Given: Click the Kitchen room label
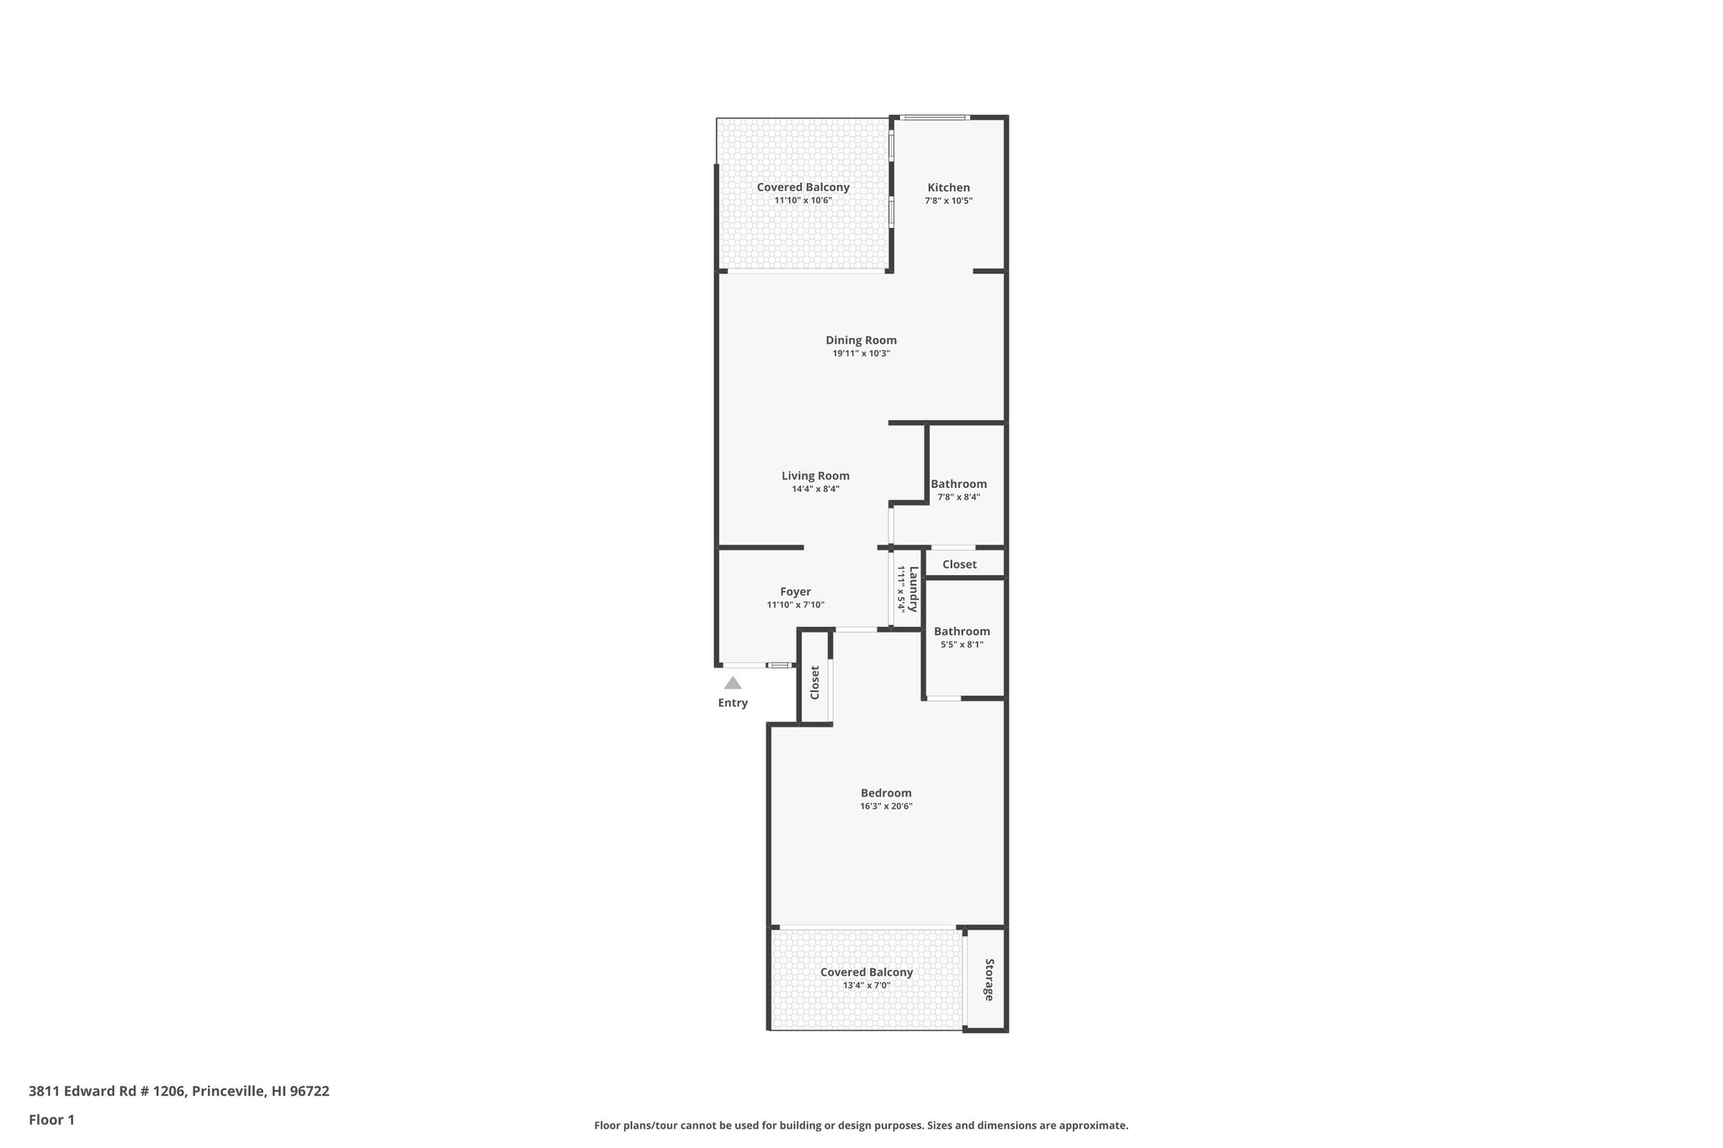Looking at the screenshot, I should (x=948, y=188).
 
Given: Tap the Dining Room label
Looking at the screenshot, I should (x=861, y=340).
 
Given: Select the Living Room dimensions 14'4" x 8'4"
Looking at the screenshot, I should (x=815, y=489).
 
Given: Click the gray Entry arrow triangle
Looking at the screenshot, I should (x=733, y=683).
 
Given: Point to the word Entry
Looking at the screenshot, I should (x=733, y=703).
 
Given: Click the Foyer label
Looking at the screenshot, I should (x=795, y=591).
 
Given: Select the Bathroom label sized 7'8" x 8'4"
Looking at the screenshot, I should (x=958, y=484).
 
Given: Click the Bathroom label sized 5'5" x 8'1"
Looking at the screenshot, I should (x=962, y=631).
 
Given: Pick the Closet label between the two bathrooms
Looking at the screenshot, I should (x=959, y=564).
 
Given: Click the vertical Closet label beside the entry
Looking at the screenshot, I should (x=814, y=682).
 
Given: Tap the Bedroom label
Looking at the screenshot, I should (x=886, y=792).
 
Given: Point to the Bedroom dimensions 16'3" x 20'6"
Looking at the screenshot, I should (x=886, y=806).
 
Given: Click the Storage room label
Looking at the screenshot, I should (x=989, y=979).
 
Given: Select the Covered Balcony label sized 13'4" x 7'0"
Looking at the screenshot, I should (x=867, y=971).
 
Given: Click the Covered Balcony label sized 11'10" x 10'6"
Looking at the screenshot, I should (x=803, y=187).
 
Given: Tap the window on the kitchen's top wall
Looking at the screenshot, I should (x=935, y=117).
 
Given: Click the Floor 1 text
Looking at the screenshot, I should (x=52, y=1119).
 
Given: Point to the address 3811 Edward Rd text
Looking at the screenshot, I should (x=178, y=1091).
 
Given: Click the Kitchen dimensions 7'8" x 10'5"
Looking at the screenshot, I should (x=948, y=201).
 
